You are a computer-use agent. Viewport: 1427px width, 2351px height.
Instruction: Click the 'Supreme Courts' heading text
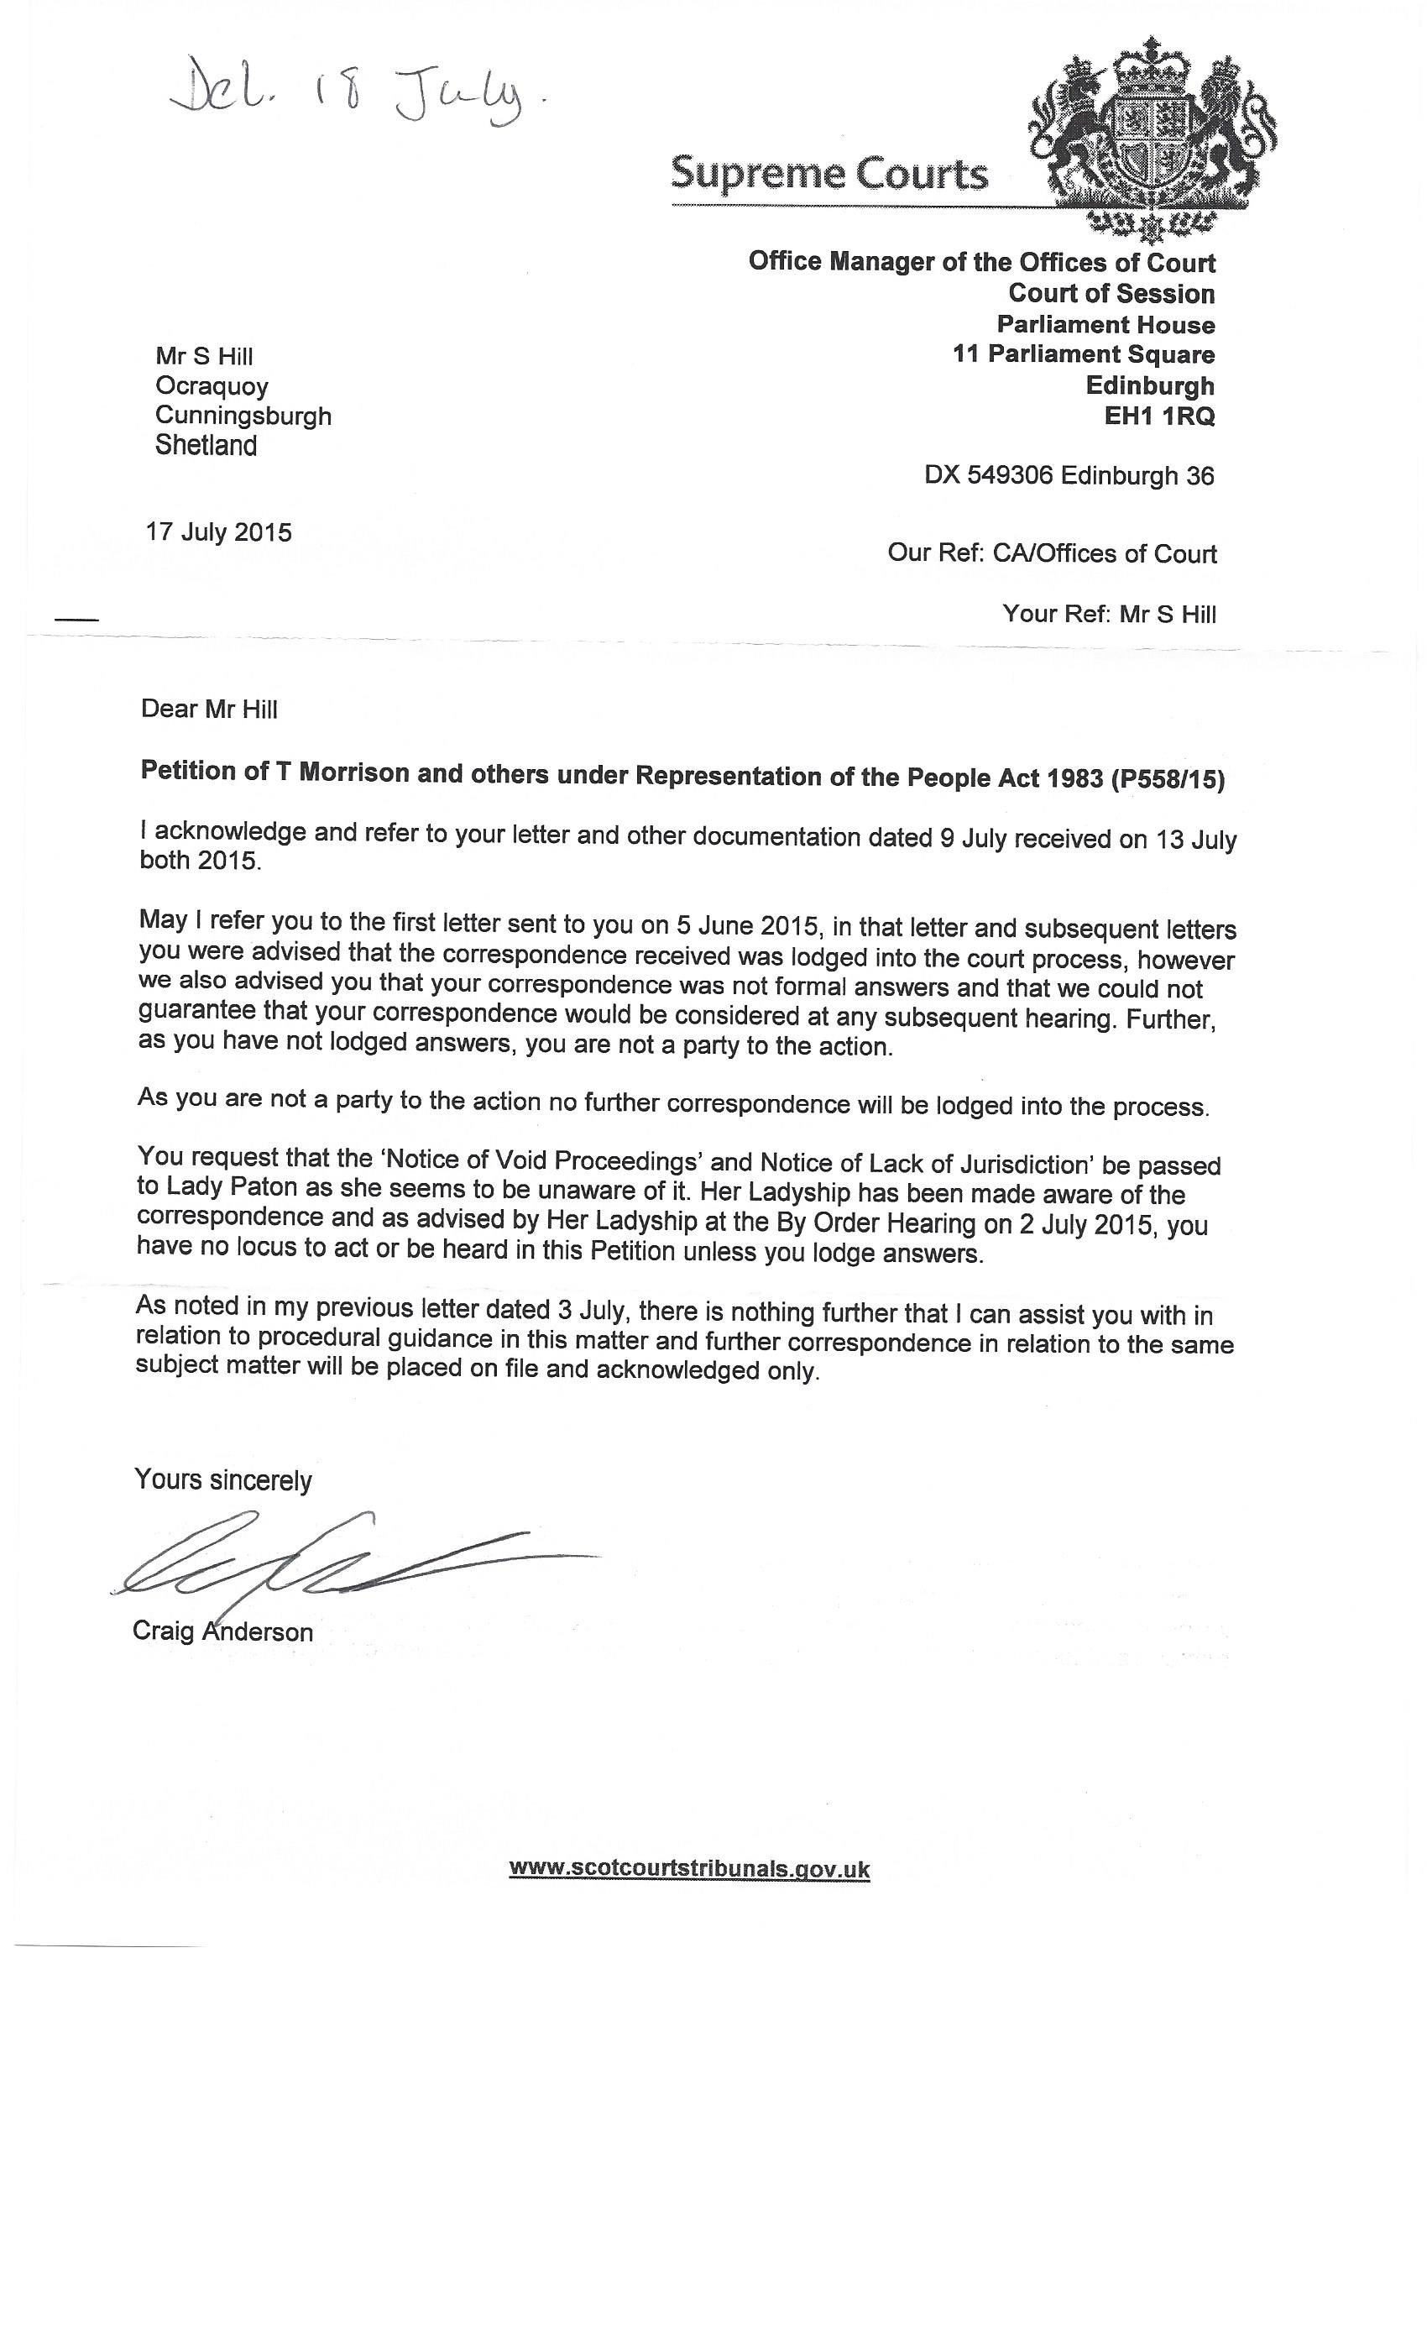pos(829,174)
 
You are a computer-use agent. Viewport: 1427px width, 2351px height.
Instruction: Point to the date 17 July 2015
pos(218,531)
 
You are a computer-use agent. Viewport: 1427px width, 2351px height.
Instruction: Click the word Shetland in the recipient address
pos(206,446)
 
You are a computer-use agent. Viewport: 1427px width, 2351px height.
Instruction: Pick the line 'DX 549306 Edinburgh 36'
pos(1069,475)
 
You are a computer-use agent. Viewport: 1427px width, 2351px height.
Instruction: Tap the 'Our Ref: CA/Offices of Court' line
pos(1051,553)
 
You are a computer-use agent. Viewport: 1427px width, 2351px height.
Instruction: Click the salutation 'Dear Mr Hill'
pos(209,709)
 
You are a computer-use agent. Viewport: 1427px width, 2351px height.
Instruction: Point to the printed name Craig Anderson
pos(222,1631)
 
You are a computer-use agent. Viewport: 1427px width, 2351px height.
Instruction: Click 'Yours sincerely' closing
pos(223,1479)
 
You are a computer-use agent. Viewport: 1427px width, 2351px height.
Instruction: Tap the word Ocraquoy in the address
pos(212,386)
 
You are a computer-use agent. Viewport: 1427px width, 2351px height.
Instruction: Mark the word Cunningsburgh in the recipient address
pos(243,416)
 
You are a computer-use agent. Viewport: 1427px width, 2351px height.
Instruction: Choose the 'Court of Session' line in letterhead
pos(1111,294)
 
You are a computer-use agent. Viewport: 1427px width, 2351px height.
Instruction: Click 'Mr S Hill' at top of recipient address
pos(204,357)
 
